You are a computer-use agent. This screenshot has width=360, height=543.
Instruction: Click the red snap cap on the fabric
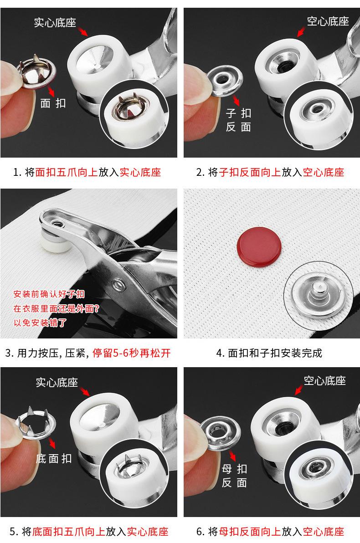pos(259,247)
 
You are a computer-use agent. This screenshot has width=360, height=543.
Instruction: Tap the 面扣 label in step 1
pos(53,103)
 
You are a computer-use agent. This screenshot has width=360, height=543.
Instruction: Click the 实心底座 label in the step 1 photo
pos(55,22)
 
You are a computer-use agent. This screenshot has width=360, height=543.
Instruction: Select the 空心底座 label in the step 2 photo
pos(328,21)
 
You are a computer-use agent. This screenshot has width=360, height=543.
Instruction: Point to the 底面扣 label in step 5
pos(54,459)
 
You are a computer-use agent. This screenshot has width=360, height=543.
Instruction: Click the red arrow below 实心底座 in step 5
pos(85,391)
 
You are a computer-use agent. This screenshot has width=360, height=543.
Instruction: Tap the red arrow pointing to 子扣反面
pos(236,100)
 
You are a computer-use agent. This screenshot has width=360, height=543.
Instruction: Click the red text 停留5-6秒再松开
pos(132,353)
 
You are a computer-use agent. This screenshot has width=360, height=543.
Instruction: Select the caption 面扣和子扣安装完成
pos(275,353)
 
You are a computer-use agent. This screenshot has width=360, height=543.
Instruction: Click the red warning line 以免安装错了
pos(40,323)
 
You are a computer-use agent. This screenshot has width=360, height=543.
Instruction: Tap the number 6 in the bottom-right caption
pos(200,531)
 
